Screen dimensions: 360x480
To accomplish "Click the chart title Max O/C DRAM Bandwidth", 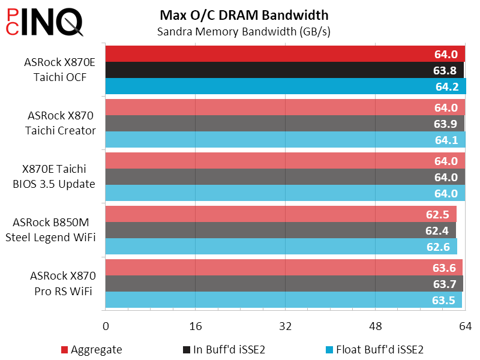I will tap(244, 14).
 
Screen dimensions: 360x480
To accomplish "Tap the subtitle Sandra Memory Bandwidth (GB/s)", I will tap(244, 31).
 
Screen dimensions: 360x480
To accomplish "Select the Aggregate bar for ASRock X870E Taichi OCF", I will tap(270, 54).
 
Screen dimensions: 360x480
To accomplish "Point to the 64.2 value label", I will tap(446, 86).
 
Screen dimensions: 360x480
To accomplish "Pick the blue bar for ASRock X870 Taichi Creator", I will tap(270, 140).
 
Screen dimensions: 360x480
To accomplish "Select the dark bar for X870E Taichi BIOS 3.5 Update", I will tap(270, 178).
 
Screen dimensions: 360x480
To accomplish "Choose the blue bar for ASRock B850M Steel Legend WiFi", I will tap(270, 247).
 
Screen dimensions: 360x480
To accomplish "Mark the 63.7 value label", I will tap(445, 284).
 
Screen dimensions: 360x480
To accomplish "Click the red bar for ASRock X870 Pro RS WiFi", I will tap(270, 268).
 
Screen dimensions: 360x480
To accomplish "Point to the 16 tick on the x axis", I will tap(196, 326).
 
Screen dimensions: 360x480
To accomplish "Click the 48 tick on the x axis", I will tap(376, 326).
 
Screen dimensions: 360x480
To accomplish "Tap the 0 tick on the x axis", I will tap(106, 326).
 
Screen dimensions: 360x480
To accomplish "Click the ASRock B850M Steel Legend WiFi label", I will tap(51, 230).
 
